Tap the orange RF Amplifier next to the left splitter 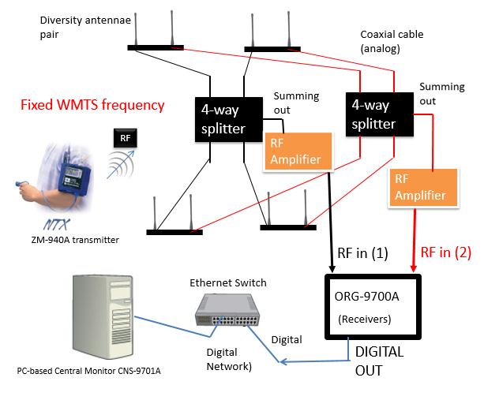tap(296, 151)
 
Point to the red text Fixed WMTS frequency tap(92, 105)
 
